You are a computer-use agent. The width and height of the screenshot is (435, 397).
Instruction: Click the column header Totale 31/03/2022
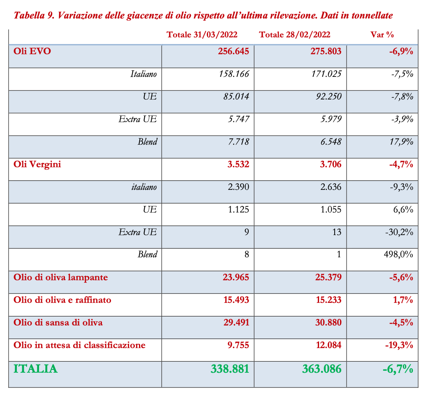(202, 35)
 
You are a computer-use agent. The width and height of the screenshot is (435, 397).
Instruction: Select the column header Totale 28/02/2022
(295, 35)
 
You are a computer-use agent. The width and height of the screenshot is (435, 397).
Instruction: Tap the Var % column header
(382, 35)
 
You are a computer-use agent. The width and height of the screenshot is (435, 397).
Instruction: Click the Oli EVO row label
(32, 51)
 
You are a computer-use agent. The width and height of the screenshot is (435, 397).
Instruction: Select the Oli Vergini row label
(37, 164)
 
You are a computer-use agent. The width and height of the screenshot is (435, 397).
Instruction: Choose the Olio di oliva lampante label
(60, 277)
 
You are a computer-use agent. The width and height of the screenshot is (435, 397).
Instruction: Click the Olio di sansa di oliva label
(58, 322)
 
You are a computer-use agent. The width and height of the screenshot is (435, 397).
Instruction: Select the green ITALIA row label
(35, 369)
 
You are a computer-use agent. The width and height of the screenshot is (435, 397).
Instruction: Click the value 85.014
(236, 97)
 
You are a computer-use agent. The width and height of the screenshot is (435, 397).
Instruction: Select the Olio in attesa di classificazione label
(79, 345)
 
